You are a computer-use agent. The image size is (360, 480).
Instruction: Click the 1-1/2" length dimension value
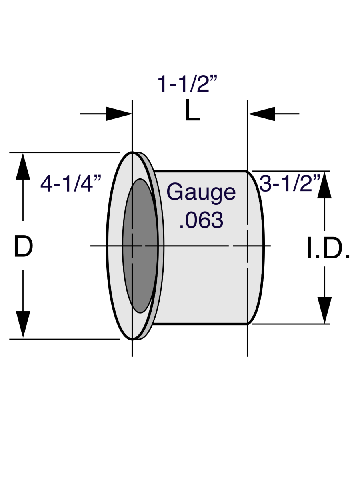point(188,84)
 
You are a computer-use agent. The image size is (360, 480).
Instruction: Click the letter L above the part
point(192,112)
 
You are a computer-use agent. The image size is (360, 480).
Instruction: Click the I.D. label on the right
point(328,250)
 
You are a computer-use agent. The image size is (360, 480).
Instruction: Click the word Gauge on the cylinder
point(201,192)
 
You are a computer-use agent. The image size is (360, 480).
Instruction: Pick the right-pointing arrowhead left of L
point(118,114)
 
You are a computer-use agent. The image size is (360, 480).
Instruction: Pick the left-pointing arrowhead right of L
point(262,114)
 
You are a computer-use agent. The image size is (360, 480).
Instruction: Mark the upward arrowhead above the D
point(23,166)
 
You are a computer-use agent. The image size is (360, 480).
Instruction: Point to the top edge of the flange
point(132,153)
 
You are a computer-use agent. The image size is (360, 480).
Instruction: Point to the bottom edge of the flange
point(132,339)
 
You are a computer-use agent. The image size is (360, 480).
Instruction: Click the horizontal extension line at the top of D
point(64,152)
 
